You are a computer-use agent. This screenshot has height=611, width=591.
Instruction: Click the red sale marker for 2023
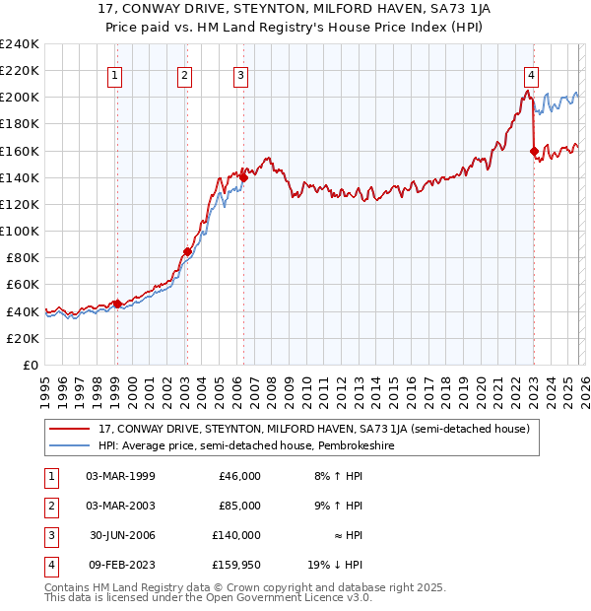coord(534,151)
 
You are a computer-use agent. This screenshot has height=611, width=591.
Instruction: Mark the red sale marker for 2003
coord(186,251)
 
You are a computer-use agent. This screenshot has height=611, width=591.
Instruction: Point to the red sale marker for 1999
coord(117,304)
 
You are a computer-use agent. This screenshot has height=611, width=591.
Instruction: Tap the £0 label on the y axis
coord(31,365)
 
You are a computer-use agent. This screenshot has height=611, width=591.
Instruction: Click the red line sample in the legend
coord(70,429)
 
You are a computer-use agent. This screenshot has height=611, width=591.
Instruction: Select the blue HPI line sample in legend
coord(70,445)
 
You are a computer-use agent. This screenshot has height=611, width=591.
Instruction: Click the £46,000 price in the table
coord(239,476)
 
